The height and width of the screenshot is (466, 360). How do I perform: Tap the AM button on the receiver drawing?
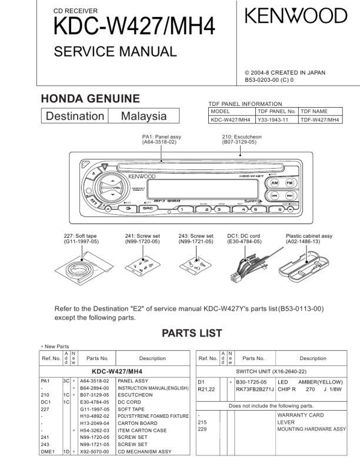coord(275,182)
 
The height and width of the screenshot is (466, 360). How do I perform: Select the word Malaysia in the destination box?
coord(144,116)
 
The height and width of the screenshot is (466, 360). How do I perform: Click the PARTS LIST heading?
coord(184,333)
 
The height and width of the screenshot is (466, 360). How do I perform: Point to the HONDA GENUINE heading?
coord(89,98)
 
